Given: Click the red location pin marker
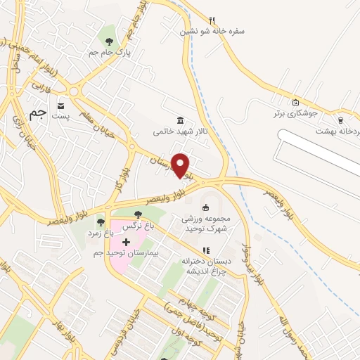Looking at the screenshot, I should (181, 165).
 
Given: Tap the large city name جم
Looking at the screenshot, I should (38, 111).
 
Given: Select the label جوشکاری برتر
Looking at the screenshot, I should (296, 112).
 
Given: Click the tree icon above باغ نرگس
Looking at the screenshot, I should (138, 214).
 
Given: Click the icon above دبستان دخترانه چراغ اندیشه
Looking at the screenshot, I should (206, 250).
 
